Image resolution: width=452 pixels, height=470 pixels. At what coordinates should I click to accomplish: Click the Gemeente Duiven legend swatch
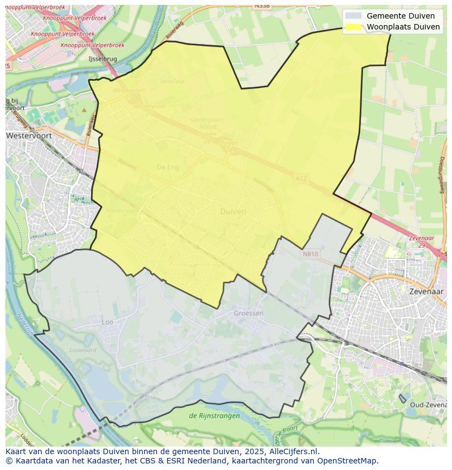point(354,16)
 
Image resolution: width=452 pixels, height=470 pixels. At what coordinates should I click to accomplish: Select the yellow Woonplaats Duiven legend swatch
point(354,27)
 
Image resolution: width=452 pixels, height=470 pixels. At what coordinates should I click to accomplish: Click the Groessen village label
point(248,313)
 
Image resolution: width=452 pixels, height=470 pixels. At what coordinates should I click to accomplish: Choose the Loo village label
point(108,322)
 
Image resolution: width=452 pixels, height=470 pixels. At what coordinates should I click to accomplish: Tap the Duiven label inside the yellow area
point(233,211)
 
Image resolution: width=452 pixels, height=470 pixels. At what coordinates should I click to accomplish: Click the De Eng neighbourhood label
point(168,167)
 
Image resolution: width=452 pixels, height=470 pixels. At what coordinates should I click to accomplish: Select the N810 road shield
point(310,254)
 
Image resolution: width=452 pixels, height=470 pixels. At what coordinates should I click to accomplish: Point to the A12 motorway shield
point(301,178)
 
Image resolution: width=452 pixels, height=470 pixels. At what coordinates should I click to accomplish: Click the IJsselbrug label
point(102,58)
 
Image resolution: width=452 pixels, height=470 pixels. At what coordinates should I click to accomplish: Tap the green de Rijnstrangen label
point(214,415)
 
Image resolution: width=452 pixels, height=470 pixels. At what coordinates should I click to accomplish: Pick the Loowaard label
point(82,350)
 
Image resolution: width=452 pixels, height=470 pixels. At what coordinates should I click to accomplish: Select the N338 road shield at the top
point(262,5)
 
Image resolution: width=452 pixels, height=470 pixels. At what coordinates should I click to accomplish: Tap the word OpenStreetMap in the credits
point(347,460)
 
